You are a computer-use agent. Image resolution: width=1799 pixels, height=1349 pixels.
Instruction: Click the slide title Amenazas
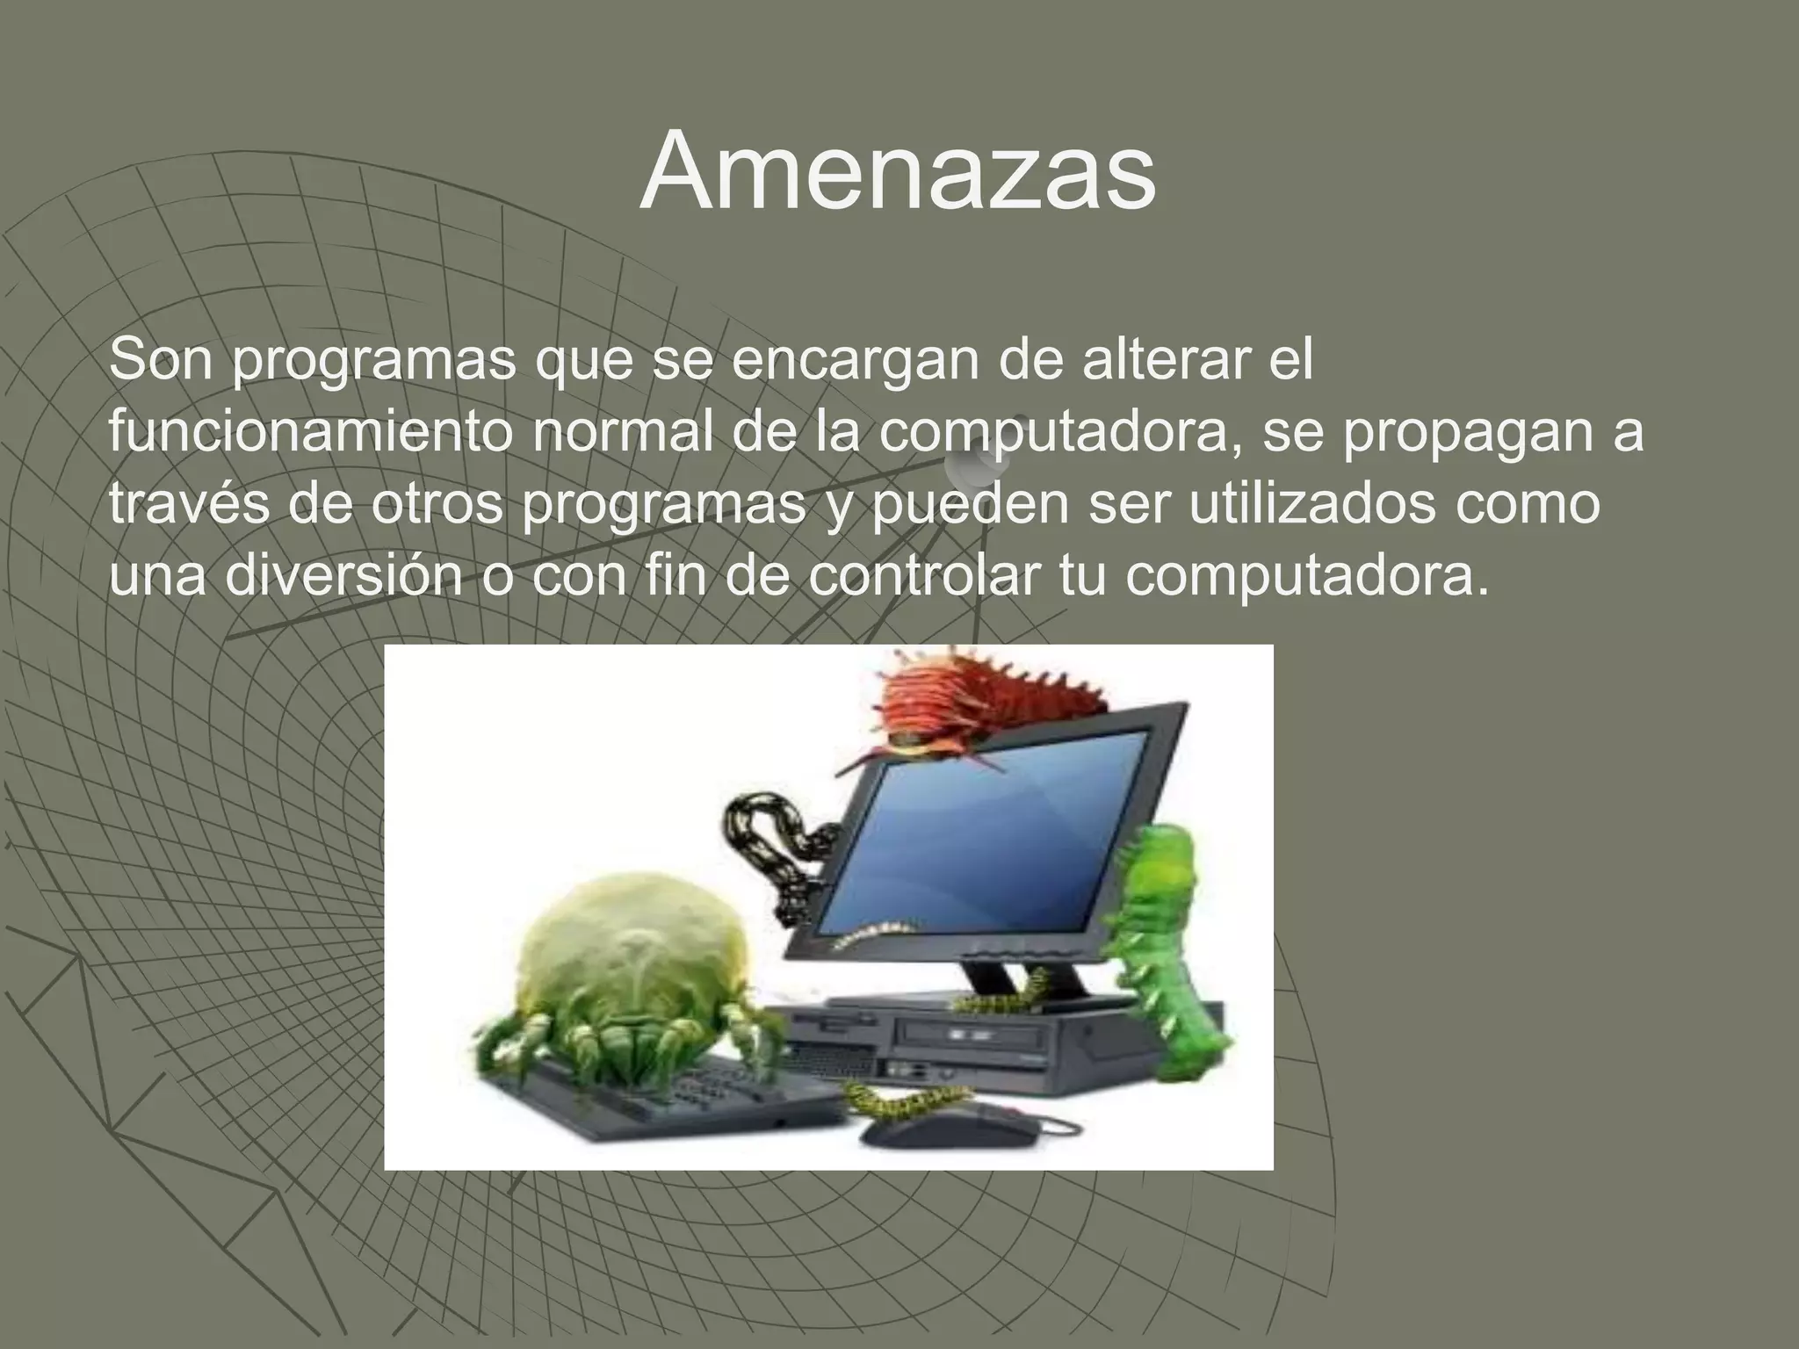(x=897, y=171)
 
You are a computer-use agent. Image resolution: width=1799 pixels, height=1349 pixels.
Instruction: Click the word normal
(x=623, y=433)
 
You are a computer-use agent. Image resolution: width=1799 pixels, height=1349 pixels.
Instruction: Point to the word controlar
(x=921, y=577)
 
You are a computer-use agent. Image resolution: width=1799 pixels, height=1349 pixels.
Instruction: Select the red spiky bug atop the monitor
(x=975, y=703)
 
